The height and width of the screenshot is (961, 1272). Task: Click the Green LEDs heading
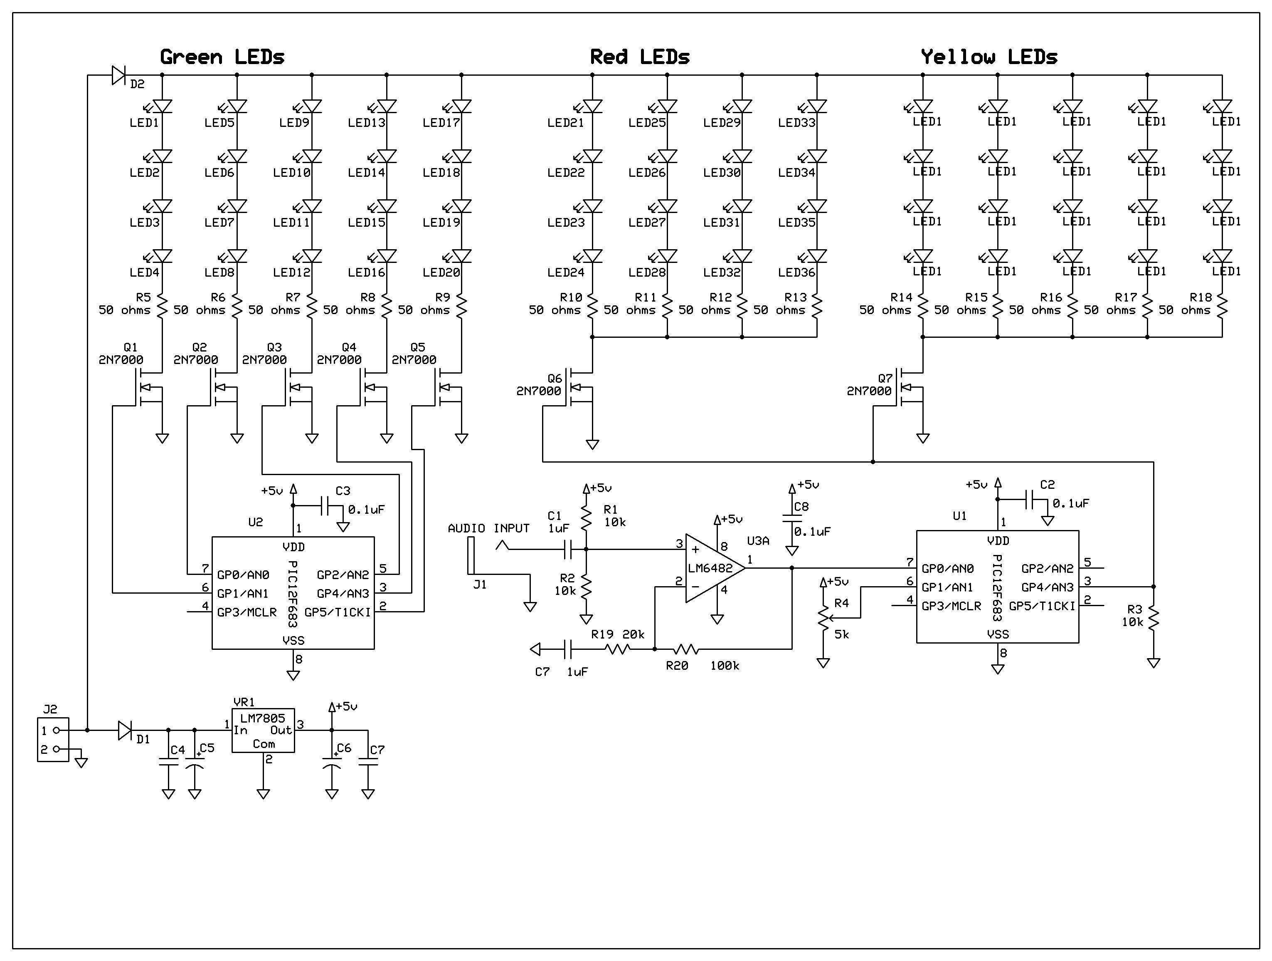[x=222, y=57]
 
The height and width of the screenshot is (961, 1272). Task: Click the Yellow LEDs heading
[x=989, y=57]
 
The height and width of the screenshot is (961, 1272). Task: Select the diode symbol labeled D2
[x=118, y=75]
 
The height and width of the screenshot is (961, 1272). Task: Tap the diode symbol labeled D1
[x=125, y=730]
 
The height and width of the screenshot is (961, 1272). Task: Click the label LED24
[x=565, y=272]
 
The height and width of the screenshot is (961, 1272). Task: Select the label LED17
[x=441, y=123]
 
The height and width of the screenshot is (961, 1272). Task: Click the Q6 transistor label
[x=555, y=379]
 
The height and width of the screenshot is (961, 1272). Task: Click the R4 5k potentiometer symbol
[x=823, y=619]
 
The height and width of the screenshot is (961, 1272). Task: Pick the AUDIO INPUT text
[x=488, y=528]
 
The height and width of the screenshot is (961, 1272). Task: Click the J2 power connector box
[x=53, y=739]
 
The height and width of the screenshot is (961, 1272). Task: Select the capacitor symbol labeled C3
[x=325, y=506]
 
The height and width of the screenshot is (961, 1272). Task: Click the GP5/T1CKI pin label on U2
[x=338, y=612]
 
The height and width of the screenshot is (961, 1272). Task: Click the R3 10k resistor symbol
[x=1154, y=620]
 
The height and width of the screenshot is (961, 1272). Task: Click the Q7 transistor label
[x=885, y=379]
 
